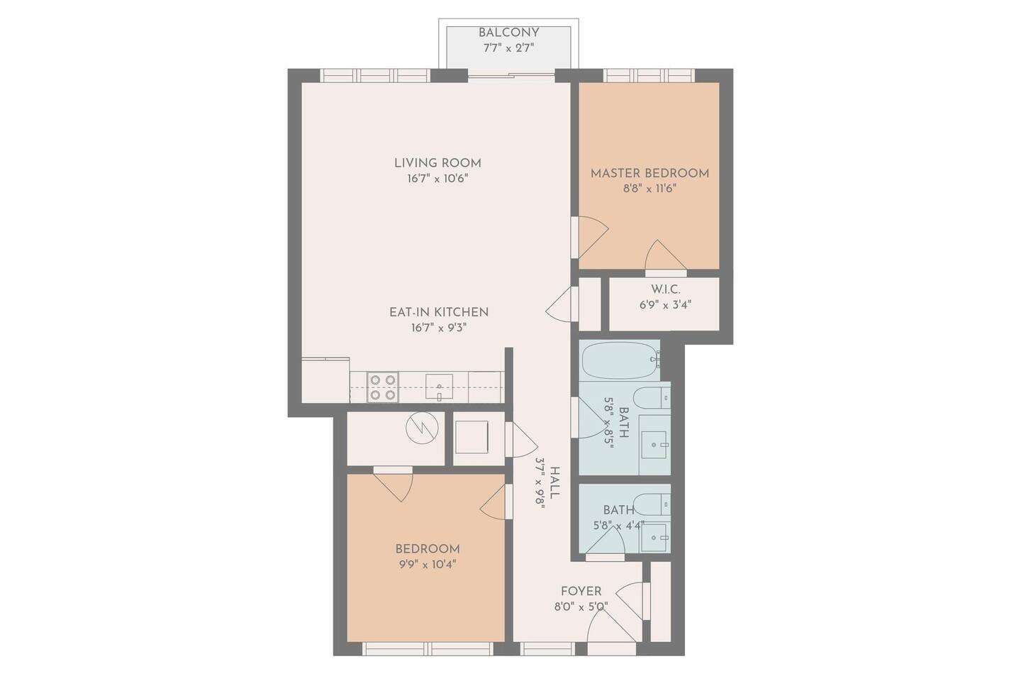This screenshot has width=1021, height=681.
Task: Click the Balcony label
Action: [x=508, y=33]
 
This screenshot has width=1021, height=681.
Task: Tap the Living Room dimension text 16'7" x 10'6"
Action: [x=437, y=179]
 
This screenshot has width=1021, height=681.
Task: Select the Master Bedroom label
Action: [x=649, y=173]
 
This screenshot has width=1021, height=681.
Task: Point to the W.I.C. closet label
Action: [x=665, y=289]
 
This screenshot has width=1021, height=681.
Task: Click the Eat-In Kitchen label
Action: [x=438, y=311]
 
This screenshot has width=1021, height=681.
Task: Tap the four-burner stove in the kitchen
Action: [x=382, y=388]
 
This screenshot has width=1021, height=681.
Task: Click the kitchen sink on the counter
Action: [x=440, y=388]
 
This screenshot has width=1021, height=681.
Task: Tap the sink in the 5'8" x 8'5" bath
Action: [x=654, y=444]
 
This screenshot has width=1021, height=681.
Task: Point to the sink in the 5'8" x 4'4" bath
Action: [x=654, y=537]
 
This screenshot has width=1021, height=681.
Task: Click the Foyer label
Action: [x=581, y=591]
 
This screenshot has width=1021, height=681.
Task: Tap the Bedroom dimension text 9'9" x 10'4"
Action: [x=427, y=565]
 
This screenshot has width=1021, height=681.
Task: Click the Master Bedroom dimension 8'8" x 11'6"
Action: [x=649, y=189]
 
